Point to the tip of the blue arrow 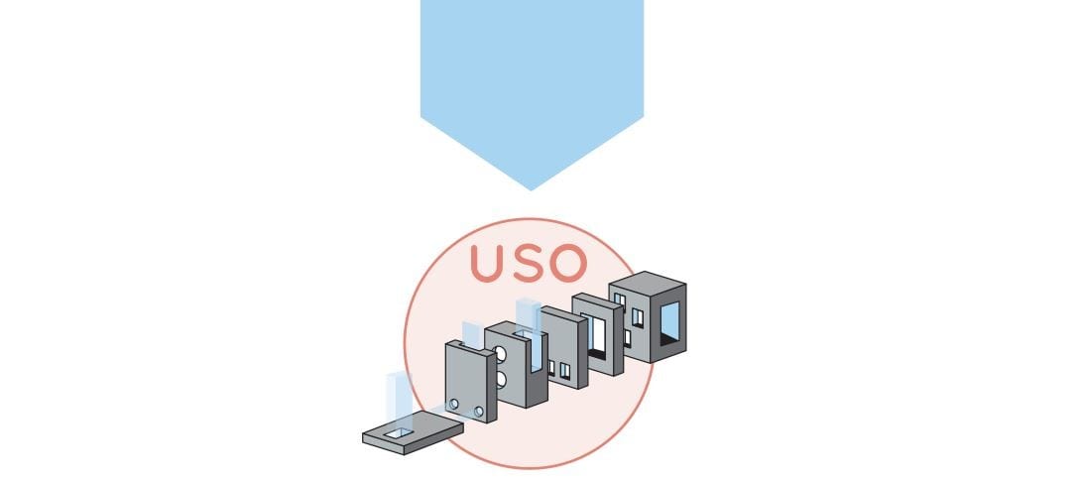pyautogui.click(x=532, y=188)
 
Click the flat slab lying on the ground pyautogui.click(x=414, y=432)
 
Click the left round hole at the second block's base pyautogui.click(x=454, y=405)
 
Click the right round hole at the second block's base pyautogui.click(x=479, y=411)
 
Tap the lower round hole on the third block pyautogui.click(x=502, y=379)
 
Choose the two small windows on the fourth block pyautogui.click(x=558, y=370)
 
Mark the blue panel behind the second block pyautogui.click(x=472, y=333)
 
